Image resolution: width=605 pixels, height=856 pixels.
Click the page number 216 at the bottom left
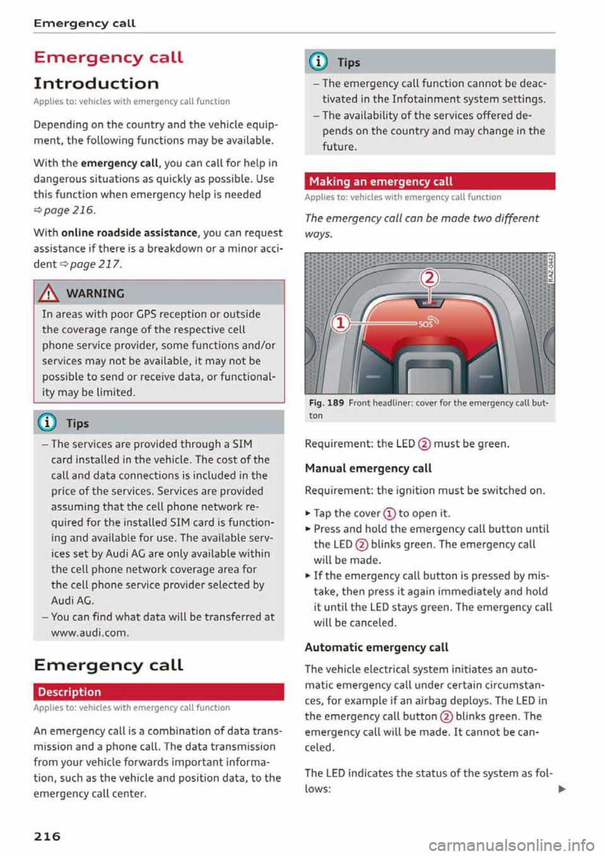[x=47, y=836]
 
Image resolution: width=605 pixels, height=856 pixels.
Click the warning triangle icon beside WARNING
[x=49, y=294]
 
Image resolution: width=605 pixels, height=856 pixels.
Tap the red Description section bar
[x=158, y=691]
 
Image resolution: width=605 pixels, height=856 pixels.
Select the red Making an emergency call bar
[x=429, y=182]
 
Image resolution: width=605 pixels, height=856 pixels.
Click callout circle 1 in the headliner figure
[x=339, y=323]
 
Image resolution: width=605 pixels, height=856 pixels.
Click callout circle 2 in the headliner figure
[x=429, y=278]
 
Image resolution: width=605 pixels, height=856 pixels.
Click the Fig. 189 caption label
[x=326, y=403]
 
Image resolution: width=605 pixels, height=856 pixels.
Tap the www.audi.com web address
[x=89, y=632]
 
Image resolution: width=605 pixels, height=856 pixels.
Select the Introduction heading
[x=96, y=83]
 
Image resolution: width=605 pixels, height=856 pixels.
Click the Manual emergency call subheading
[x=368, y=468]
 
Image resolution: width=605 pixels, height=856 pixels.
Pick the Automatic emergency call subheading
[x=376, y=647]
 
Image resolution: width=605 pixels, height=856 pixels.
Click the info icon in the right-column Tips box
[x=320, y=62]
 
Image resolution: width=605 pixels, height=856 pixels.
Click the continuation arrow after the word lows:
[x=562, y=789]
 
